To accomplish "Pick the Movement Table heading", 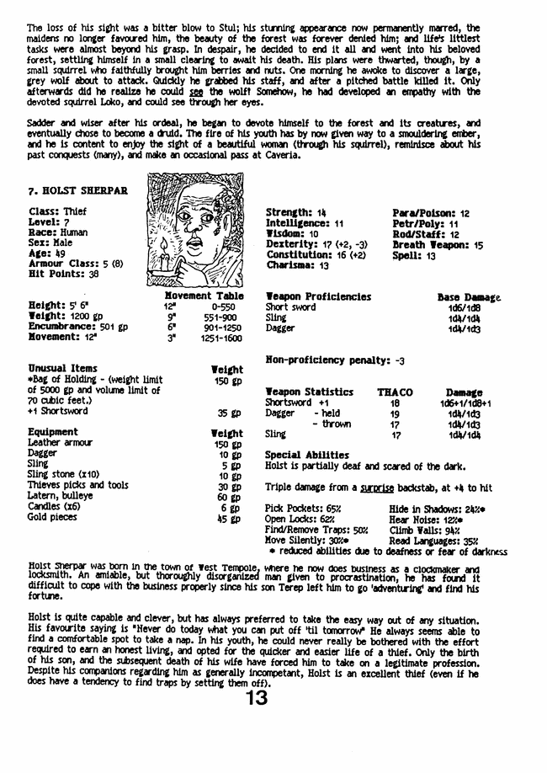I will (x=204, y=296).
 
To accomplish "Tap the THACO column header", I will (x=395, y=392).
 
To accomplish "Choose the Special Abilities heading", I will (x=306, y=456).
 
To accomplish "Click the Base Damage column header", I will (x=470, y=297).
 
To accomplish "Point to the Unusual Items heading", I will (x=62, y=369).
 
